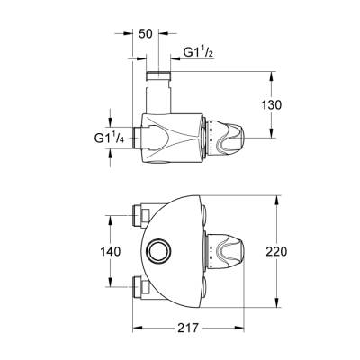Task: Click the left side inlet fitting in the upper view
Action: [x=138, y=138]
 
